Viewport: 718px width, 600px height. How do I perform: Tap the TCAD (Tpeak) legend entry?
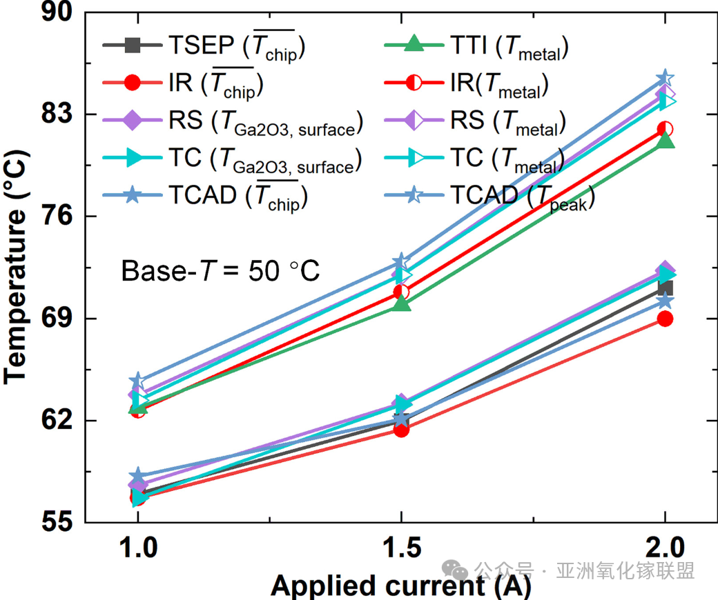522,197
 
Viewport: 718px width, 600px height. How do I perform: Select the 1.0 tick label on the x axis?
138,550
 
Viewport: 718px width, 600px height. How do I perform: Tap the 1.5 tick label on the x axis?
401,550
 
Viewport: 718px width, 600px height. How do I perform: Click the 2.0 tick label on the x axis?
665,550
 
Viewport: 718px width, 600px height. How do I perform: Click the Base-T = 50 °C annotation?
220,270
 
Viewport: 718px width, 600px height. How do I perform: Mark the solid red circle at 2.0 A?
665,319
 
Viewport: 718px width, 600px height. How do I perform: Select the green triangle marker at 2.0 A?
665,141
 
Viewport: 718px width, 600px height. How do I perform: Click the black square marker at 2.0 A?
666,288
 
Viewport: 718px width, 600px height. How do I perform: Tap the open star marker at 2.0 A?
665,78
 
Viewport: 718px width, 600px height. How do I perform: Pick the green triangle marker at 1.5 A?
402,303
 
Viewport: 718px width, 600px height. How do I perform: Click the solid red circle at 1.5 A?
401,429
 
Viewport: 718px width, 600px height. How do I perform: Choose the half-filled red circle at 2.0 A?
665,129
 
